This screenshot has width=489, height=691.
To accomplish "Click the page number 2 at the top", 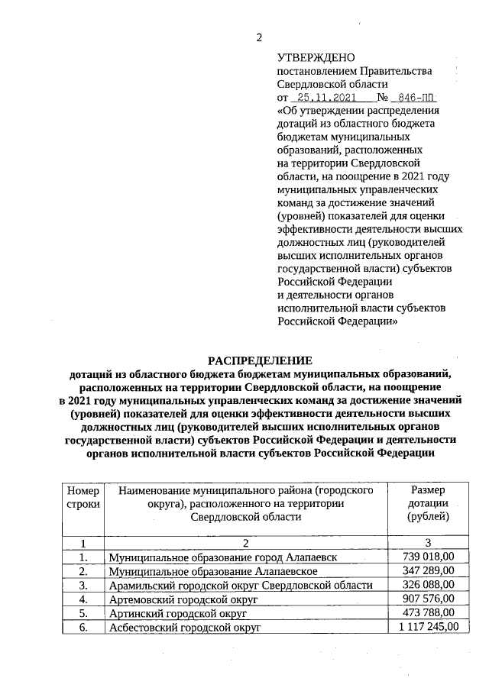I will coord(258,37).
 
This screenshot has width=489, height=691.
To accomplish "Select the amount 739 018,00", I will coord(428,557).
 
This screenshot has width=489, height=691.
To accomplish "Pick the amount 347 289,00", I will coord(428,571).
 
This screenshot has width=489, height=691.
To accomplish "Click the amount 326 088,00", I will coord(428,585).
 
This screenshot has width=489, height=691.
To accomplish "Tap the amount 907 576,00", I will coord(428,599).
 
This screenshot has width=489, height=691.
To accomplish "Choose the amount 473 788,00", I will coord(428,613).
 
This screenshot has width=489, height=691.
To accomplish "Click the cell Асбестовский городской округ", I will coord(185,628).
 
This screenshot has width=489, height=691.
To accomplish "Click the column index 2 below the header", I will coord(246,543).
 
